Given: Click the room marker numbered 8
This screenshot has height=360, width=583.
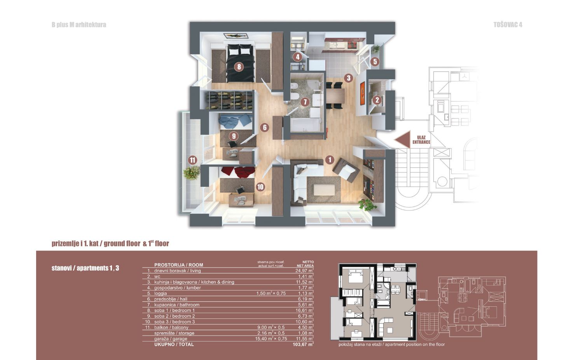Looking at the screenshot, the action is (x=239, y=67).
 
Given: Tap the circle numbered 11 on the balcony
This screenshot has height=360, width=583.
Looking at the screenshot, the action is (x=193, y=160).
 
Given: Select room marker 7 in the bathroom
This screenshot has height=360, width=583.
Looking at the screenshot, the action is (x=305, y=102).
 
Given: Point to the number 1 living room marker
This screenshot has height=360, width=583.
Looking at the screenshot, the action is (x=330, y=160).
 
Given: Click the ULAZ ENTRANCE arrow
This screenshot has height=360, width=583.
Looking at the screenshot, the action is (x=403, y=140).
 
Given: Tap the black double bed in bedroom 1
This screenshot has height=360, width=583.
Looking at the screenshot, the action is (x=240, y=63).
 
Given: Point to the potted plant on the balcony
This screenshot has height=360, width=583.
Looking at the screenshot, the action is (x=192, y=173).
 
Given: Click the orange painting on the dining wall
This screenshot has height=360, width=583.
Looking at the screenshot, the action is (x=362, y=93).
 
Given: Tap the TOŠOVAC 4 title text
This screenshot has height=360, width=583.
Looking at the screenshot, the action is (x=508, y=25).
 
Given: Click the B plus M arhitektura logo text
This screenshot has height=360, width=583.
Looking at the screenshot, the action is (x=79, y=25).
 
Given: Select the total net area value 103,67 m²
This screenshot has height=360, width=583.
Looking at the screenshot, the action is (x=303, y=344).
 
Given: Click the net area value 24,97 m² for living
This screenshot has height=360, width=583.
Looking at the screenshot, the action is (x=304, y=271).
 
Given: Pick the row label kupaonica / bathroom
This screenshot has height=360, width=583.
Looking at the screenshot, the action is (x=177, y=305).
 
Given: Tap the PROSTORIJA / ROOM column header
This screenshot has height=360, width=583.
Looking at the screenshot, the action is (x=178, y=265).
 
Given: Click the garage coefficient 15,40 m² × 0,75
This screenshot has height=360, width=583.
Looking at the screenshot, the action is (x=271, y=339).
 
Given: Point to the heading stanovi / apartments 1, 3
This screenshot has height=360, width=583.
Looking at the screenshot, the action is (x=85, y=268).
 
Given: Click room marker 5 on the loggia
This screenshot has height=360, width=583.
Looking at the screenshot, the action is (x=375, y=62).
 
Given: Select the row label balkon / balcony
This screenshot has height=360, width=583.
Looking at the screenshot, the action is (x=171, y=327).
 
